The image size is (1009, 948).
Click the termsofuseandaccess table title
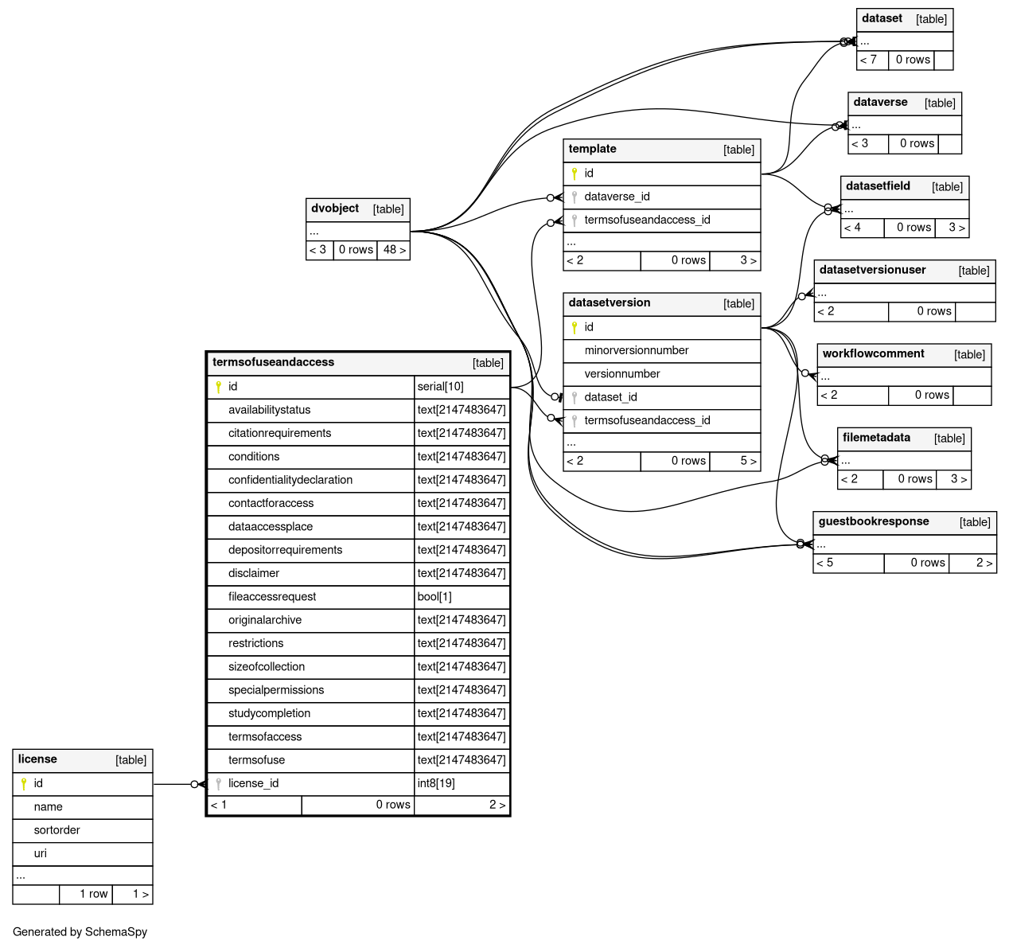coord(274,362)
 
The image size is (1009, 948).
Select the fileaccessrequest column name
coord(272,597)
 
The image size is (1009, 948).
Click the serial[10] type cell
coord(440,387)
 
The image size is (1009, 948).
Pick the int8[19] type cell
coord(436,783)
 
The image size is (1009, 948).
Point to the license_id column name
coord(253,783)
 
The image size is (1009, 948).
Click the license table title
coord(37,759)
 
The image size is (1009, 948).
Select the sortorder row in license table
coord(57,830)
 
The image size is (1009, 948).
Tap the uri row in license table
coord(41,853)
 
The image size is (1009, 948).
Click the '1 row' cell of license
coord(93,894)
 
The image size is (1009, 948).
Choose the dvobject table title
coord(335,209)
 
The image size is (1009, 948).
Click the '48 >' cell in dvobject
coord(394,250)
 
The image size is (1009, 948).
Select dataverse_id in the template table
coord(617,197)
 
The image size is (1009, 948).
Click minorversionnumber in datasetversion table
coord(637,350)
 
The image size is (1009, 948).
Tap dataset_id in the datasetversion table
coord(610,397)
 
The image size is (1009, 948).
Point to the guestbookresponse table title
coord(874,521)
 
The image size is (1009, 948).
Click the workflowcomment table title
coord(873,353)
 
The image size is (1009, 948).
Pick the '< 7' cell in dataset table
coord(868,60)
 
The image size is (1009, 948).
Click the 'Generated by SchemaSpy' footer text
coord(80,932)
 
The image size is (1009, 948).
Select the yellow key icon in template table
coord(575,174)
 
